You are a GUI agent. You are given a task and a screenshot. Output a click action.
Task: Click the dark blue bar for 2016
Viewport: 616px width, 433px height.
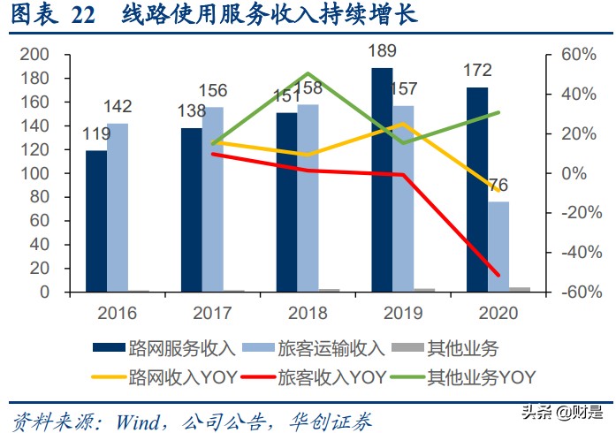[96, 221]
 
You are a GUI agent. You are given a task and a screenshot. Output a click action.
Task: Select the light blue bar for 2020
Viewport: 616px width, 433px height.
[498, 247]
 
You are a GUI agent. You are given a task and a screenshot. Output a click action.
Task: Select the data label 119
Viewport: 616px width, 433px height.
[95, 137]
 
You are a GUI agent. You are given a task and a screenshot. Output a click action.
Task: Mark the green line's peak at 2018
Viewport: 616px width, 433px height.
[307, 74]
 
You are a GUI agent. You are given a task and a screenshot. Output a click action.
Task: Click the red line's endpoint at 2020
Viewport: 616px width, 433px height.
[498, 275]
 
